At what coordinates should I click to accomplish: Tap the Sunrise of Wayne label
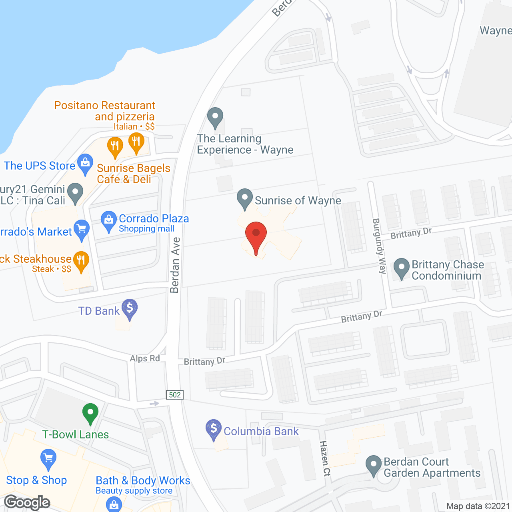(x=298, y=200)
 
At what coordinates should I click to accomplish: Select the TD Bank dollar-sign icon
(x=130, y=309)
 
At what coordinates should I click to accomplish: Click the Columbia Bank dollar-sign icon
(x=214, y=429)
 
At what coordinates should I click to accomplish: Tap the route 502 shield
(x=175, y=395)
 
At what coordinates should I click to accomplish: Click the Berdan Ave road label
(x=175, y=265)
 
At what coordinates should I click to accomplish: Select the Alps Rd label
(x=145, y=358)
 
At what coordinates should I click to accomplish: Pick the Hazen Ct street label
(x=325, y=458)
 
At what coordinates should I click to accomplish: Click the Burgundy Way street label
(x=379, y=246)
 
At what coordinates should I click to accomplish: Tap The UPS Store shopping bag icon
(x=85, y=164)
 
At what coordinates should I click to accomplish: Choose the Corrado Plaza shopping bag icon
(x=108, y=221)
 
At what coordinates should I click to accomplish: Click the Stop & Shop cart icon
(x=48, y=459)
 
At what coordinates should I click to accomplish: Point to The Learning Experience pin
(x=215, y=118)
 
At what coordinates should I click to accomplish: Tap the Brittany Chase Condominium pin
(x=401, y=268)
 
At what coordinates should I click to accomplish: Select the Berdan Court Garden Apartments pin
(x=374, y=465)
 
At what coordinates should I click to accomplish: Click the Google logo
(x=27, y=502)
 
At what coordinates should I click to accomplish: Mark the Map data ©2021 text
(x=478, y=506)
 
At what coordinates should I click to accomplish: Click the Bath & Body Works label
(x=143, y=480)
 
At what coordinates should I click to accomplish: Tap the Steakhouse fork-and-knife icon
(x=81, y=261)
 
